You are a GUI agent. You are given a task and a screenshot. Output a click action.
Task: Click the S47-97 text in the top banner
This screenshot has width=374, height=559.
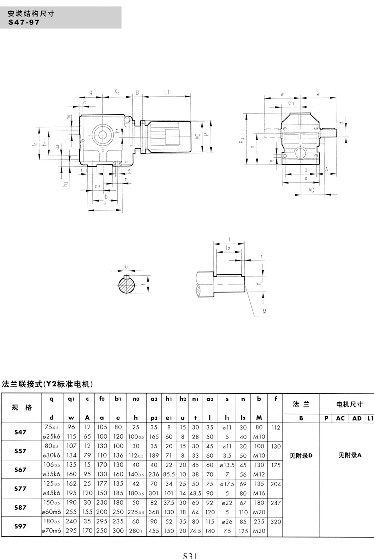coord(24,22)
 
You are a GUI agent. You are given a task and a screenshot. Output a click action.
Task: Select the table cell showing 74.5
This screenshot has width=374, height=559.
coord(196,531)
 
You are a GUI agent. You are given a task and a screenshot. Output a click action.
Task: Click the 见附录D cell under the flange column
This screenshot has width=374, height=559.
coord(300,455)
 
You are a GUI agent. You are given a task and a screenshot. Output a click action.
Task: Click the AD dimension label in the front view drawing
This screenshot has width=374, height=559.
coord(311,191)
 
